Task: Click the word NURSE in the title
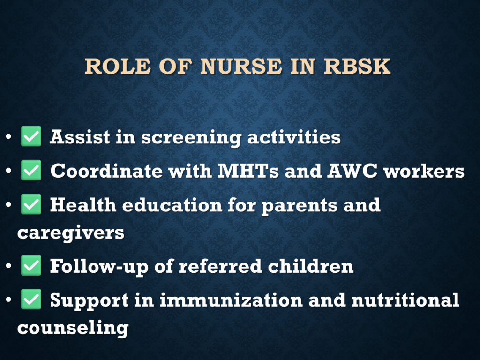tap(241, 66)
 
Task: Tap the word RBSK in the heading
tap(357, 66)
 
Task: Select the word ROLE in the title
tap(118, 66)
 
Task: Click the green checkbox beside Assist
tap(31, 136)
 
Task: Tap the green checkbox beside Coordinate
tap(31, 170)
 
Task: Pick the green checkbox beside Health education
tap(31, 204)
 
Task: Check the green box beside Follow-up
tap(31, 265)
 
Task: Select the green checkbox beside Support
tap(31, 300)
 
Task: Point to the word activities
tap(294, 137)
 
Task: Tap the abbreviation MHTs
tap(248, 171)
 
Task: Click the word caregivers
tap(71, 234)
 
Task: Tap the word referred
tap(220, 266)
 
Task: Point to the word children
tap(311, 266)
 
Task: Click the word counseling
tap(73, 329)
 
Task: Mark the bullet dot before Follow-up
tap(8, 266)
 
